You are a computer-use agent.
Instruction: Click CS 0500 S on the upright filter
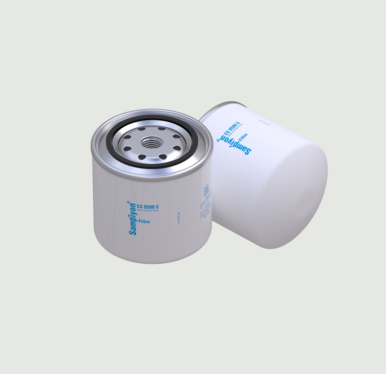148,207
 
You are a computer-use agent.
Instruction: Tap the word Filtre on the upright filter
144,222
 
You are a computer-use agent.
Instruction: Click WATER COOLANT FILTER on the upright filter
148,210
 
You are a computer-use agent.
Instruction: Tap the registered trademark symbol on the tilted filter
218,140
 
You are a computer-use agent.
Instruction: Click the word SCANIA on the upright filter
206,191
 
